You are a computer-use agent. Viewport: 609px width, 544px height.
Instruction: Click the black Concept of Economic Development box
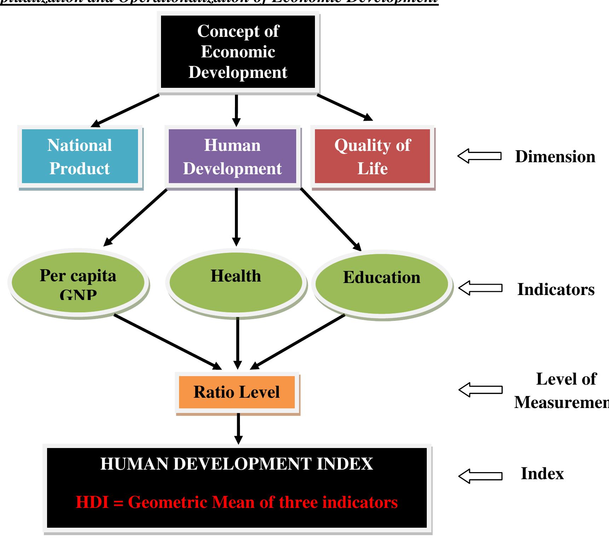pos(238,52)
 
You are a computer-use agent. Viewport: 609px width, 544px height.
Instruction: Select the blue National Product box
pos(80,156)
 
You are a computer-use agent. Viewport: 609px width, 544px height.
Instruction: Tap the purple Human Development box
pos(232,156)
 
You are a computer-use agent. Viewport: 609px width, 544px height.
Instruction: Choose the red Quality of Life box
pos(372,156)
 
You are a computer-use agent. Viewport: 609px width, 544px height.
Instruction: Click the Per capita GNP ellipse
pos(78,283)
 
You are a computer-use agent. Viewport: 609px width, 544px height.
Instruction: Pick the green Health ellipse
pos(236,283)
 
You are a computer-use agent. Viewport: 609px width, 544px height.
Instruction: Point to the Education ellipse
pos(381,283)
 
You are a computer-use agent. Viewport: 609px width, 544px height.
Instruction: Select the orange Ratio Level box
pos(237,392)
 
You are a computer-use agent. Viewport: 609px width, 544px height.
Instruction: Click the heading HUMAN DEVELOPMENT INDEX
pos(236,464)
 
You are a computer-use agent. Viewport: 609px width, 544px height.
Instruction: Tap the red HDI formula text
pos(236,502)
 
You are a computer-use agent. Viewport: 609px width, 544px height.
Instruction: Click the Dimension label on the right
pos(555,157)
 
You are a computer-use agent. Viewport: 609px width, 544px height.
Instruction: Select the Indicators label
pos(556,289)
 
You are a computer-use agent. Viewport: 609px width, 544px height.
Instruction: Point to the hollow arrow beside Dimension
pos(479,156)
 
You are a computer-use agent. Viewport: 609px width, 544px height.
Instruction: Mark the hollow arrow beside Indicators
pos(480,288)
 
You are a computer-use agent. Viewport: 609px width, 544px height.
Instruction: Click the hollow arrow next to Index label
pos(480,476)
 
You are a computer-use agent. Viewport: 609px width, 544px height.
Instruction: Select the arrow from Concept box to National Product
pos(126,110)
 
